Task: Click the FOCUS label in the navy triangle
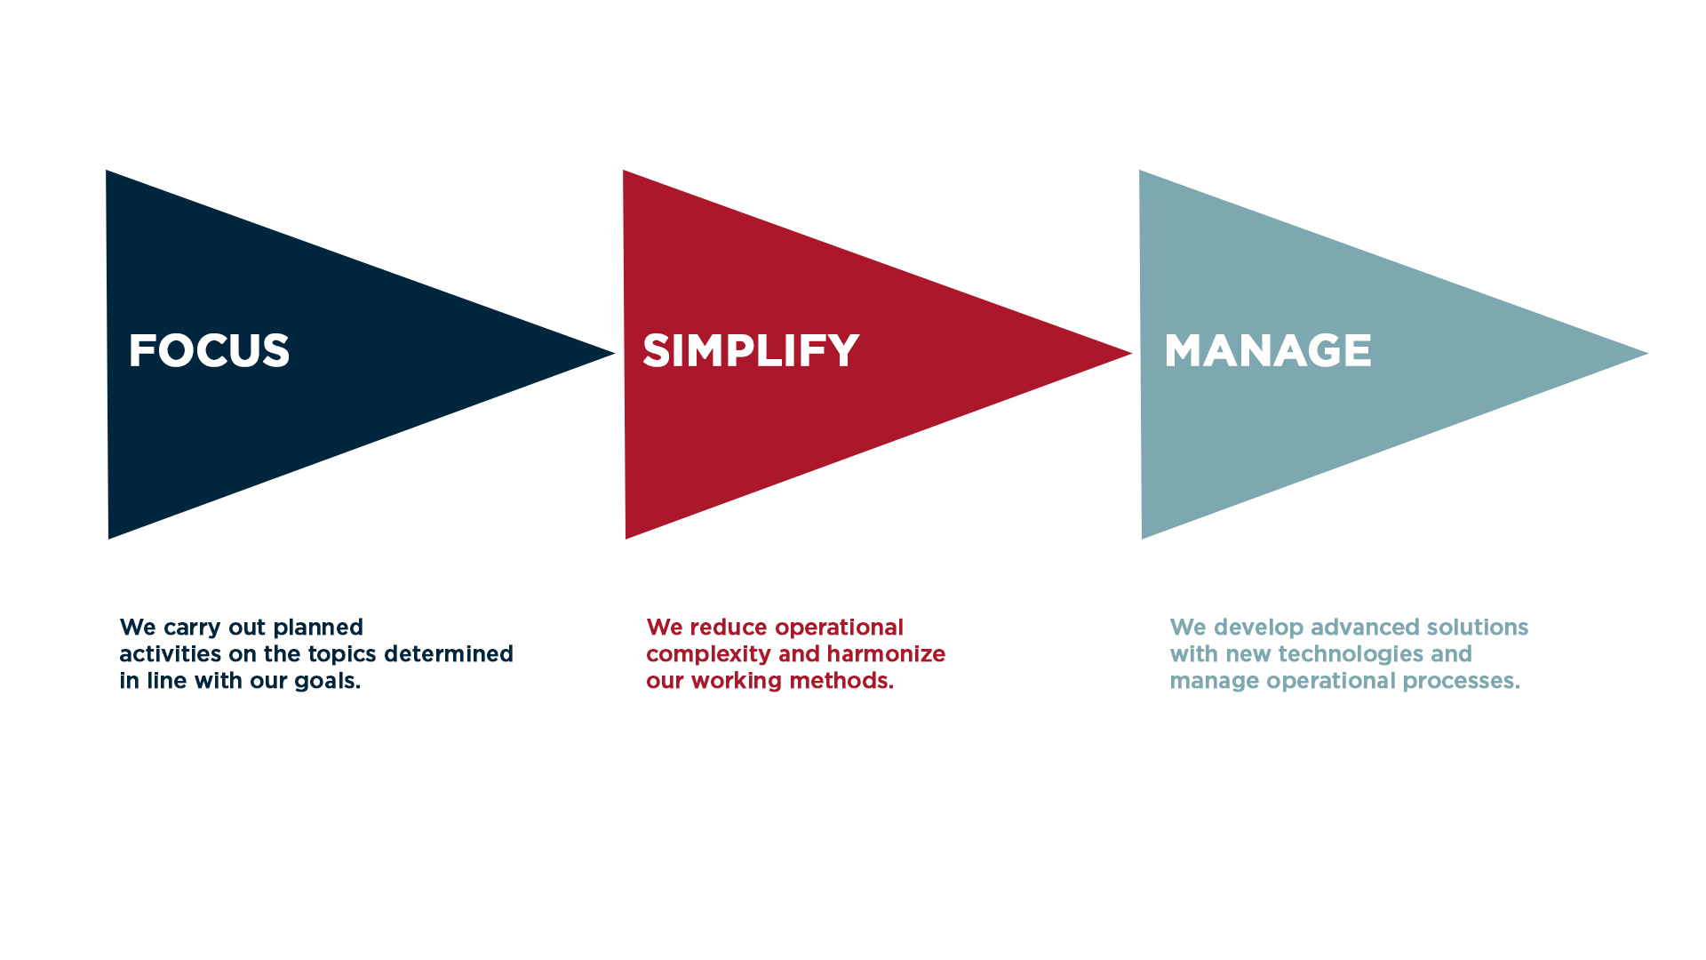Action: click(x=209, y=350)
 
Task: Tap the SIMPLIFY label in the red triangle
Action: click(x=751, y=350)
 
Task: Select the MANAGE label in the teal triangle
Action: click(x=1268, y=350)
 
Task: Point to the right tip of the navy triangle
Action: click(x=615, y=354)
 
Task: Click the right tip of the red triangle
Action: click(x=1132, y=354)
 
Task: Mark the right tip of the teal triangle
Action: click(x=1648, y=354)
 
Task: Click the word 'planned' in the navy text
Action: click(x=318, y=628)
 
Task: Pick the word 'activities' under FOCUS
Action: click(x=171, y=654)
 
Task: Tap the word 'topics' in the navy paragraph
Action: click(x=342, y=655)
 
